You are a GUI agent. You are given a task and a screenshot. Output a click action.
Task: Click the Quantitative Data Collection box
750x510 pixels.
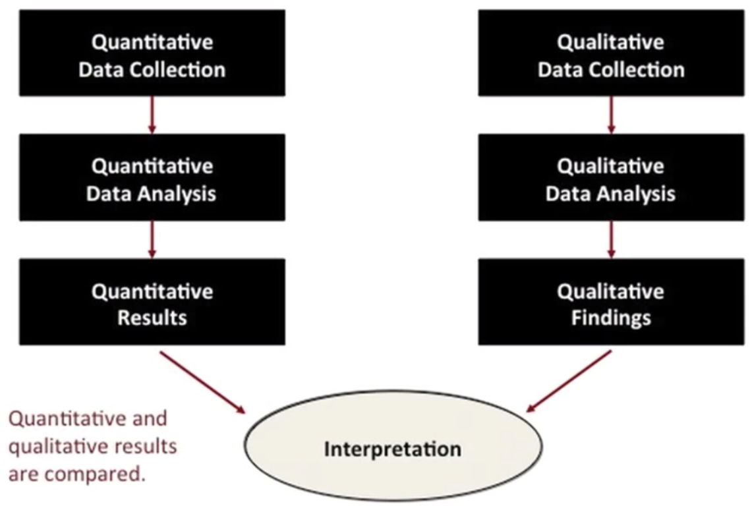click(x=152, y=53)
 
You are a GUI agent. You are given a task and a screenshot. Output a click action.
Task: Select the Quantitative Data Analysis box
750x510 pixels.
click(x=152, y=177)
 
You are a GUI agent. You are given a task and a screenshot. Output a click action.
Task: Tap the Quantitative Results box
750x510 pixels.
click(x=152, y=302)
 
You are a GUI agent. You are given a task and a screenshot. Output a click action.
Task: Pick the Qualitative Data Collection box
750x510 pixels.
click(x=612, y=53)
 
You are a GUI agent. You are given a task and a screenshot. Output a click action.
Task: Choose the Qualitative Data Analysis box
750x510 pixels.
click(x=612, y=177)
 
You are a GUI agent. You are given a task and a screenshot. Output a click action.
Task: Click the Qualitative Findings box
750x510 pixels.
click(x=612, y=302)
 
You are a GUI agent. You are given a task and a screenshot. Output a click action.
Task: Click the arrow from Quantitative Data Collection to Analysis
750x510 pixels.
click(x=152, y=115)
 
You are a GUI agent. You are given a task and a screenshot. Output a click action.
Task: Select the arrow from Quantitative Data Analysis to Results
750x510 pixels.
click(x=152, y=240)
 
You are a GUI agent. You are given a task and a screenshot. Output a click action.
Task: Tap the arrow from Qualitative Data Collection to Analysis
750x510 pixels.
click(x=612, y=115)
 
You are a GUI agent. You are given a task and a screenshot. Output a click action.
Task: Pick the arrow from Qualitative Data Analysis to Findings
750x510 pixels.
click(x=612, y=240)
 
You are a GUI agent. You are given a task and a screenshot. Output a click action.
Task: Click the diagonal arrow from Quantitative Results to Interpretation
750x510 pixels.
click(x=202, y=382)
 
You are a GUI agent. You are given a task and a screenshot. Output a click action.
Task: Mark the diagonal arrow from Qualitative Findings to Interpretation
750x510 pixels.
click(x=569, y=381)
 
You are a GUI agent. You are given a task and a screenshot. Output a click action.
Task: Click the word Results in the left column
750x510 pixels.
click(x=152, y=318)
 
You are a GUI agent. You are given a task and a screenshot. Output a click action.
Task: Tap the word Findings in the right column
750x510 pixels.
click(x=612, y=318)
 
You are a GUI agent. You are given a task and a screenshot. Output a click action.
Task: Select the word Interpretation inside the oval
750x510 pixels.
click(x=393, y=449)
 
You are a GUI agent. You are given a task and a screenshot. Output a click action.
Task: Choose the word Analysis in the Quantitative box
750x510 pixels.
click(x=177, y=194)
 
